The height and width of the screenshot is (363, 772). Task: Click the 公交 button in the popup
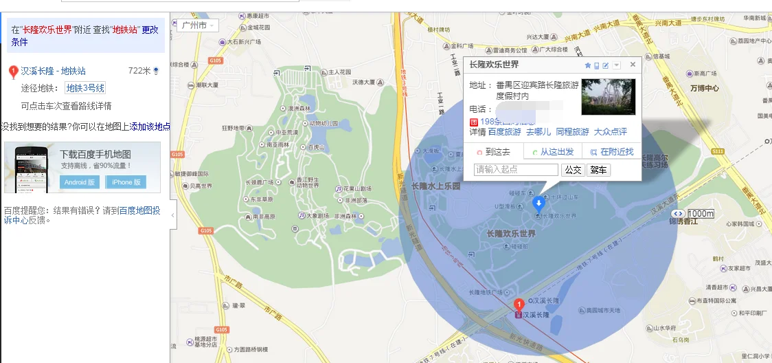[574, 170]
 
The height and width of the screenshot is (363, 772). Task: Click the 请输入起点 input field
[516, 170]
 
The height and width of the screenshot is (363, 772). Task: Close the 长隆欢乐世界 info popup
[633, 65]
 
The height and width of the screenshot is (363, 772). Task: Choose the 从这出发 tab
[553, 152]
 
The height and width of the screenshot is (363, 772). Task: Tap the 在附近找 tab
[612, 152]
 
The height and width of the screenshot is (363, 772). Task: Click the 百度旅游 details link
[505, 132]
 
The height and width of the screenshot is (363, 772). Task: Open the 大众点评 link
[610, 132]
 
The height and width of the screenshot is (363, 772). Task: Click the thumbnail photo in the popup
[609, 97]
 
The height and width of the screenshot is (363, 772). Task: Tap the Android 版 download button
[80, 182]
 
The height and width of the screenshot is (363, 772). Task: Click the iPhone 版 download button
[126, 182]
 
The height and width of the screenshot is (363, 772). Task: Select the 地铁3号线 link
[86, 88]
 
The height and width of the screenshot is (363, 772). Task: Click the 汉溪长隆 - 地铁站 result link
[53, 71]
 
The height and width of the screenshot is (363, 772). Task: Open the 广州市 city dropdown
[198, 25]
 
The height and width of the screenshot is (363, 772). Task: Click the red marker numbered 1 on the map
[519, 304]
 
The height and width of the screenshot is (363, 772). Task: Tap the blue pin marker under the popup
[539, 203]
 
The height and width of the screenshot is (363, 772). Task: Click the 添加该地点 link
[150, 127]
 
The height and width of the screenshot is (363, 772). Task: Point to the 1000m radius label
[700, 213]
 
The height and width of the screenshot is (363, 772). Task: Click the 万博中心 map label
[704, 89]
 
